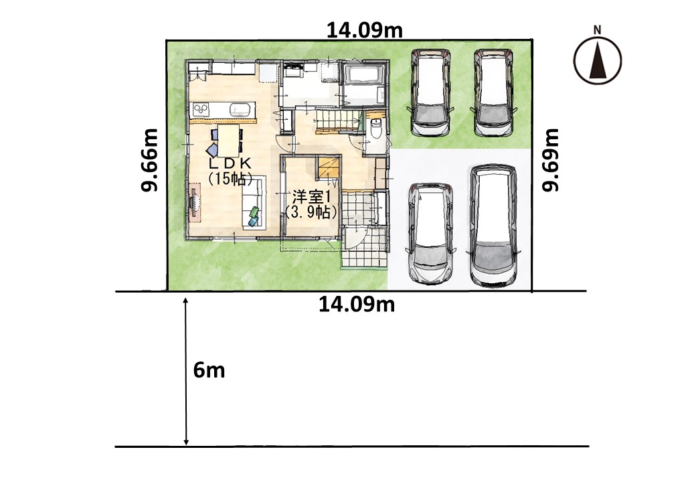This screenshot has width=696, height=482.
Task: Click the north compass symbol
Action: [597, 60]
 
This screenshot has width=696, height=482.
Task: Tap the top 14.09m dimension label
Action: [365, 30]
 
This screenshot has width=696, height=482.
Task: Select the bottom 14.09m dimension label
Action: [357, 305]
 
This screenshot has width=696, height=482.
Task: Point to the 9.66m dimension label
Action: [149, 160]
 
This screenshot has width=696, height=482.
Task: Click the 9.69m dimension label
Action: [551, 160]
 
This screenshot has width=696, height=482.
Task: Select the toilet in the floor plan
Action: [375, 129]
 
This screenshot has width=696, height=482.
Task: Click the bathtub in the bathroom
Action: [364, 74]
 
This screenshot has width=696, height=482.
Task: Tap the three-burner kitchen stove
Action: [201, 108]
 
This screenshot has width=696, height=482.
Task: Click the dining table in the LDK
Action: [228, 141]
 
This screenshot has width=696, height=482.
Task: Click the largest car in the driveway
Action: [493, 226]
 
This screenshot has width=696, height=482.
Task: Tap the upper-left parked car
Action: [430, 92]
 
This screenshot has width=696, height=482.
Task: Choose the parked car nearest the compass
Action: [494, 92]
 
